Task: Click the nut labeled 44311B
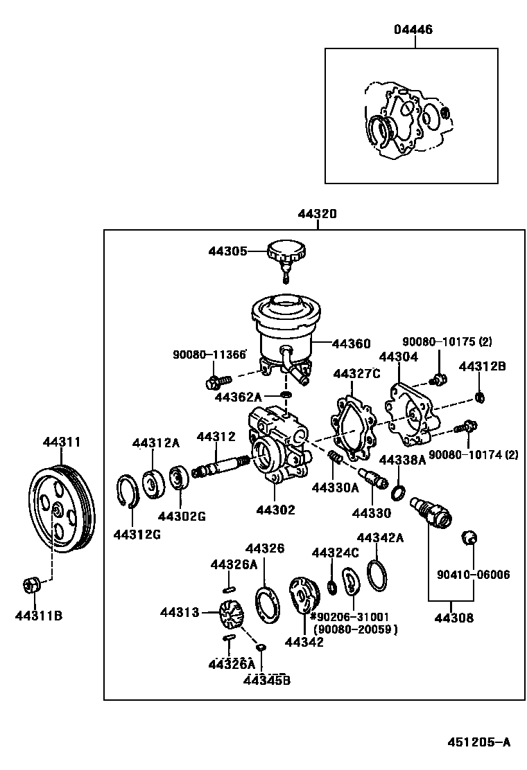[32, 585]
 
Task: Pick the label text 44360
[351, 343]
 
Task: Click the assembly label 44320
[317, 214]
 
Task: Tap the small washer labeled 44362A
[285, 395]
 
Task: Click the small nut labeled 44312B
[478, 397]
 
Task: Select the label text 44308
[454, 618]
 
